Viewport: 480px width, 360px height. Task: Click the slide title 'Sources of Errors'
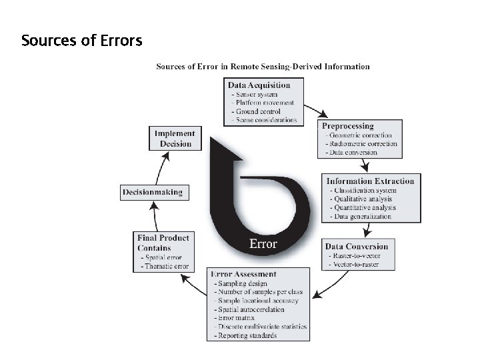tap(81, 41)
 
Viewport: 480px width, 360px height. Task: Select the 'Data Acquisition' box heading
tap(259, 85)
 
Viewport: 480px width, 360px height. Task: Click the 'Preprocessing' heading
tap(347, 125)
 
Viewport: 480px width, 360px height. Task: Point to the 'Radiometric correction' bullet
tap(363, 143)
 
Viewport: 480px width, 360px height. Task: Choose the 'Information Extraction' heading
tap(370, 181)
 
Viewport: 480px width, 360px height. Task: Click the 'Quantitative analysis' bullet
tap(366, 207)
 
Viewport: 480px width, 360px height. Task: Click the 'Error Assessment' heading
tap(243, 274)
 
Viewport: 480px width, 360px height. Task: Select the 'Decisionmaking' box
tap(151, 193)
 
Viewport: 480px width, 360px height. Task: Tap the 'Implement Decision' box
tap(175, 139)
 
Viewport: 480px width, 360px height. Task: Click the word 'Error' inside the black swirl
tap(263, 243)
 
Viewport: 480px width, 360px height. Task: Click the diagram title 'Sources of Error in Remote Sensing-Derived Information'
tap(263, 66)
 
